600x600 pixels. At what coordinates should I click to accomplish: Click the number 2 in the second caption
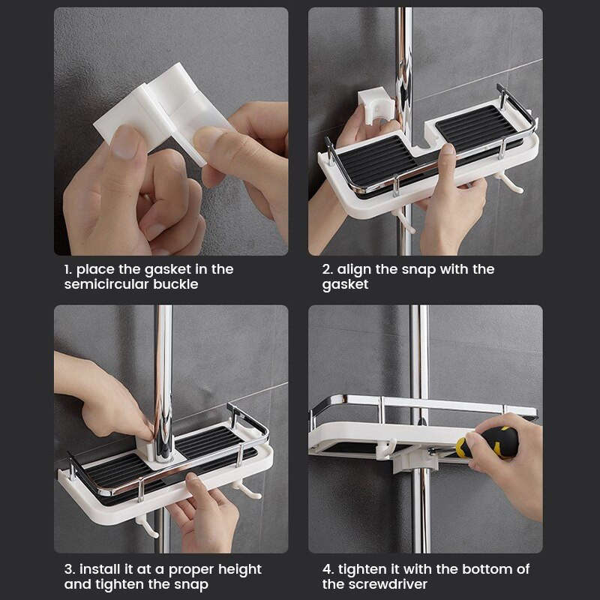pyautogui.click(x=328, y=269)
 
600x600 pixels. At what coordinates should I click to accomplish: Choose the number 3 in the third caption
pyautogui.click(x=69, y=569)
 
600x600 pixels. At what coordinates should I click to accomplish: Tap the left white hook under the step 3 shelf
pyautogui.click(x=147, y=526)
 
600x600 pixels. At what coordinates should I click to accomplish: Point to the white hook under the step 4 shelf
pyautogui.click(x=385, y=448)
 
